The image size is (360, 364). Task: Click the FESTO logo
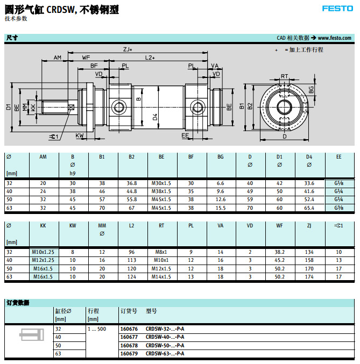point(337,8)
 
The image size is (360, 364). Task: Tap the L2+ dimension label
point(150,58)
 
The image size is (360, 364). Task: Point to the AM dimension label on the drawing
point(58,58)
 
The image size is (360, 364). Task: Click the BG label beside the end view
point(311,89)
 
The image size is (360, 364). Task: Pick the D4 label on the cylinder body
point(155,116)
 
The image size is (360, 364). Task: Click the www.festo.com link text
point(334,38)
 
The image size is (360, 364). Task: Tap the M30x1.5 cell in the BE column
point(161,183)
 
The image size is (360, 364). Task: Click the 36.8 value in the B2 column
point(132,183)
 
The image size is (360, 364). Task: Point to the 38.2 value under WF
point(279,252)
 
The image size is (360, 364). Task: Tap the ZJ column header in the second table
point(309,226)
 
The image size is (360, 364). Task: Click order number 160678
point(128,345)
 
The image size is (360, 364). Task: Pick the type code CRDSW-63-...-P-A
point(165,353)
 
